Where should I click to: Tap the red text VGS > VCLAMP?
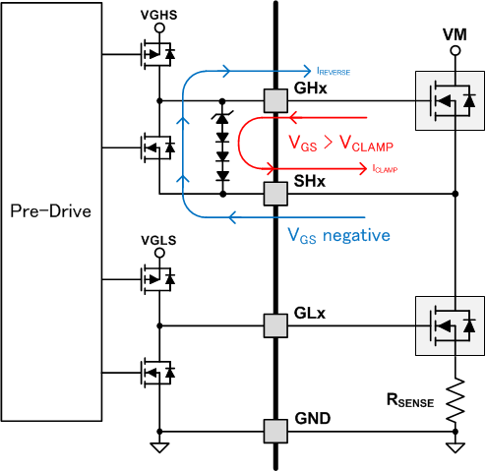340,145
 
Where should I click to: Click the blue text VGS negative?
338,235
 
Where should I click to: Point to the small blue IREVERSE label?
333,73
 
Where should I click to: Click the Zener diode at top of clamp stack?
222,121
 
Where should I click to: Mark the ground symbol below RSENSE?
454,447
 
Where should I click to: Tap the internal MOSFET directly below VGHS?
155,55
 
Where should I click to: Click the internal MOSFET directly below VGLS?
155,278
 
